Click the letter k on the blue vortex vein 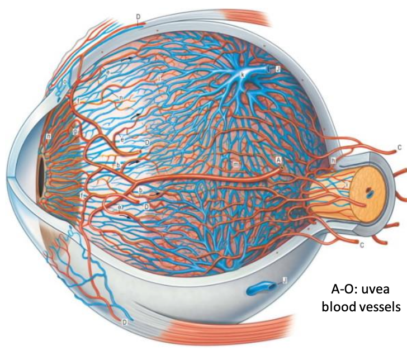point(243,74)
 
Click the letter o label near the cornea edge point(65,82)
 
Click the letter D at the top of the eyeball point(138,18)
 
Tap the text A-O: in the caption point(344,291)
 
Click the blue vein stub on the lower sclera point(259,288)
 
